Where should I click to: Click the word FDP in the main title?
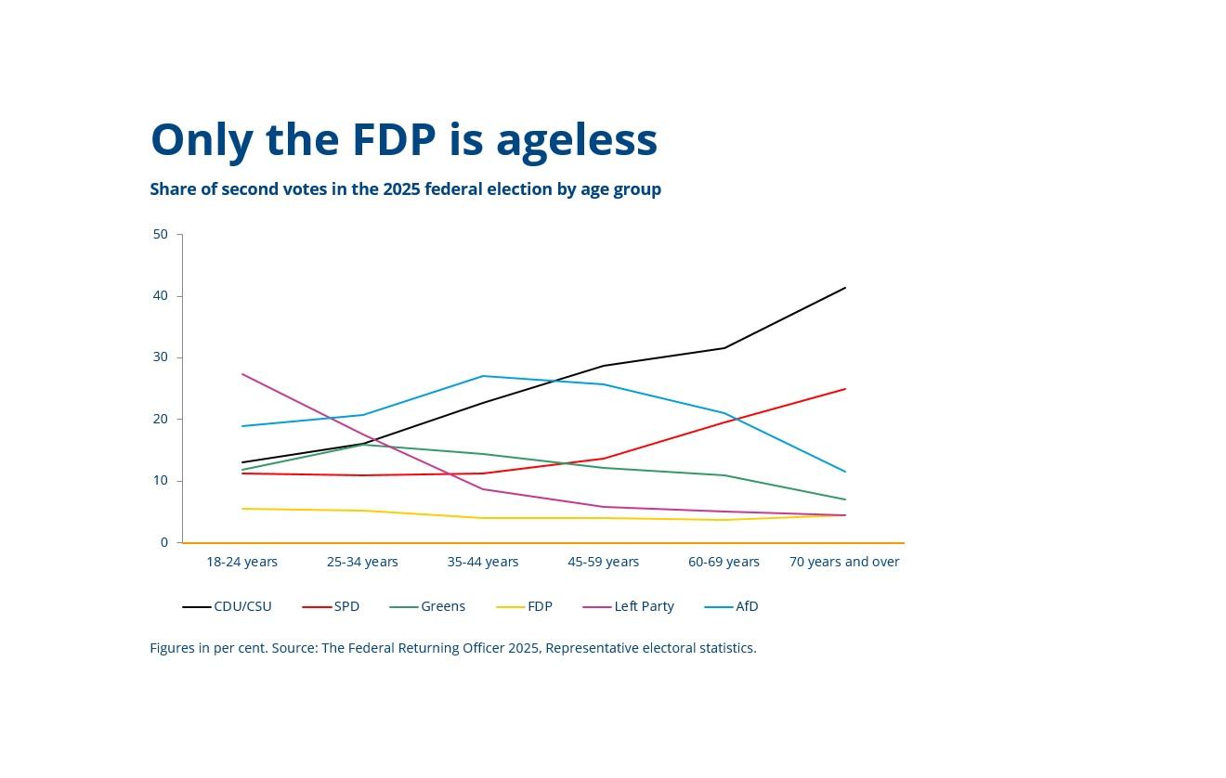394,139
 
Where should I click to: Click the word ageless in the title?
577,142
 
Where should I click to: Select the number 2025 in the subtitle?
401,188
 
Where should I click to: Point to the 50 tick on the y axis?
161,234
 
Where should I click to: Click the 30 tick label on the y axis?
161,357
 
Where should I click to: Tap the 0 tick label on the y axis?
164,542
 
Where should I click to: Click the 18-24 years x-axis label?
241,562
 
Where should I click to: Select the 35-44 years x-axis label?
483,562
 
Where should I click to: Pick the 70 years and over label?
844,562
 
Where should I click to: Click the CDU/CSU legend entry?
228,606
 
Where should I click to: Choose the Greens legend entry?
427,606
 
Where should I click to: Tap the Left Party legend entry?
628,606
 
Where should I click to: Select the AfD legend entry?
731,606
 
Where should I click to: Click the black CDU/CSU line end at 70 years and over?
845,287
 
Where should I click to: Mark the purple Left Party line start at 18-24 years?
241,373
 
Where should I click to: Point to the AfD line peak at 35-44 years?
483,376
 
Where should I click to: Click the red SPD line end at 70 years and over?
845,388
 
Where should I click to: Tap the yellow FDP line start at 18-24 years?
241,508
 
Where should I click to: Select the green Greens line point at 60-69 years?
724,475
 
